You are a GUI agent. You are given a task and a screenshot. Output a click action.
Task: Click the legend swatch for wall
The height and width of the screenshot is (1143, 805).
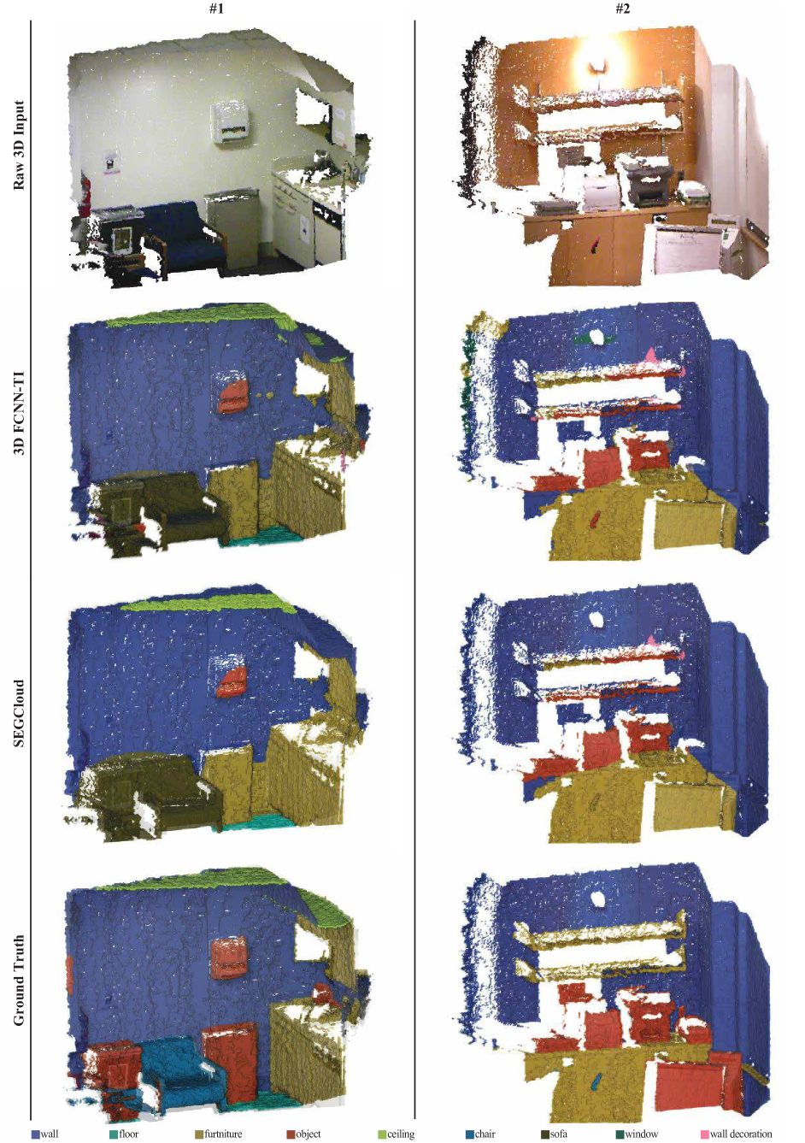click(36, 1134)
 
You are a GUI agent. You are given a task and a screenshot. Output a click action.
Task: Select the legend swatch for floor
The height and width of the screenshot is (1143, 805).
click(114, 1134)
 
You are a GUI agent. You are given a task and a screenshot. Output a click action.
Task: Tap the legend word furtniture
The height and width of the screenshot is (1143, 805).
click(223, 1134)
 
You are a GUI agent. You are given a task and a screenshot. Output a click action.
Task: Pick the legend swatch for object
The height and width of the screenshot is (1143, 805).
click(291, 1134)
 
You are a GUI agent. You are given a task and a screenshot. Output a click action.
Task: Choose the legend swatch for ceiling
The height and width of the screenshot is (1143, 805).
click(382, 1134)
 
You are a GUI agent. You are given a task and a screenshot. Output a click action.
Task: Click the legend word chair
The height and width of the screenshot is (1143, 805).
click(485, 1134)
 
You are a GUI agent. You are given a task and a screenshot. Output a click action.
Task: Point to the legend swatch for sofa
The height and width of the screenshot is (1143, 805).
click(545, 1134)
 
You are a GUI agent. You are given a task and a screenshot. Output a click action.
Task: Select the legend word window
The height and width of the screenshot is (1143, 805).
click(641, 1134)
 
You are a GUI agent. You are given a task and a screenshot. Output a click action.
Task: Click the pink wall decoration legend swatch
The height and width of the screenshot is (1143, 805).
click(704, 1134)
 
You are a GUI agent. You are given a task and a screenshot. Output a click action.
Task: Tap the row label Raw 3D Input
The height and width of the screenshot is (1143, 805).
click(19, 145)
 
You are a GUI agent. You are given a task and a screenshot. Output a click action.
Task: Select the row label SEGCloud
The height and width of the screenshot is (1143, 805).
click(19, 714)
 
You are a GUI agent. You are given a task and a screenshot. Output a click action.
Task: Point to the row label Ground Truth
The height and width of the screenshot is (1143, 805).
click(19, 980)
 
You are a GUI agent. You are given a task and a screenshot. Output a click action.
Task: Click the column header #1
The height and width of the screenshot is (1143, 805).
click(216, 8)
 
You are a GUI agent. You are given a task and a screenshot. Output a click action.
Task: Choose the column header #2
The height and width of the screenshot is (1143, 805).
click(622, 9)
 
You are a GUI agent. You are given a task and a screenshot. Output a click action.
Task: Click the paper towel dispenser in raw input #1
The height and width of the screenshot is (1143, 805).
click(230, 120)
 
